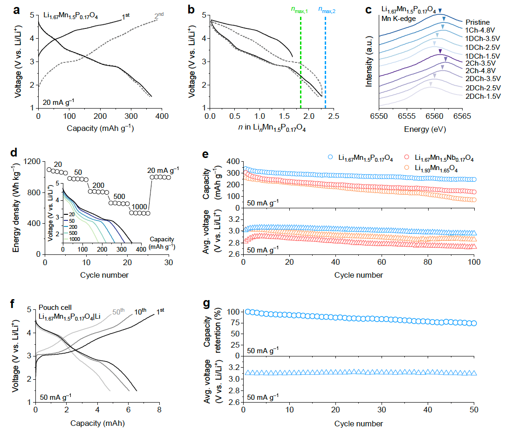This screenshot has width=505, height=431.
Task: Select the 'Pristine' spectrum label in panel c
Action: point(475,22)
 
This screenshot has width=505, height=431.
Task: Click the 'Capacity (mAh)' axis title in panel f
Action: point(97,424)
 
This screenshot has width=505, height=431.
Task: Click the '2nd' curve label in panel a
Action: point(160,17)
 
